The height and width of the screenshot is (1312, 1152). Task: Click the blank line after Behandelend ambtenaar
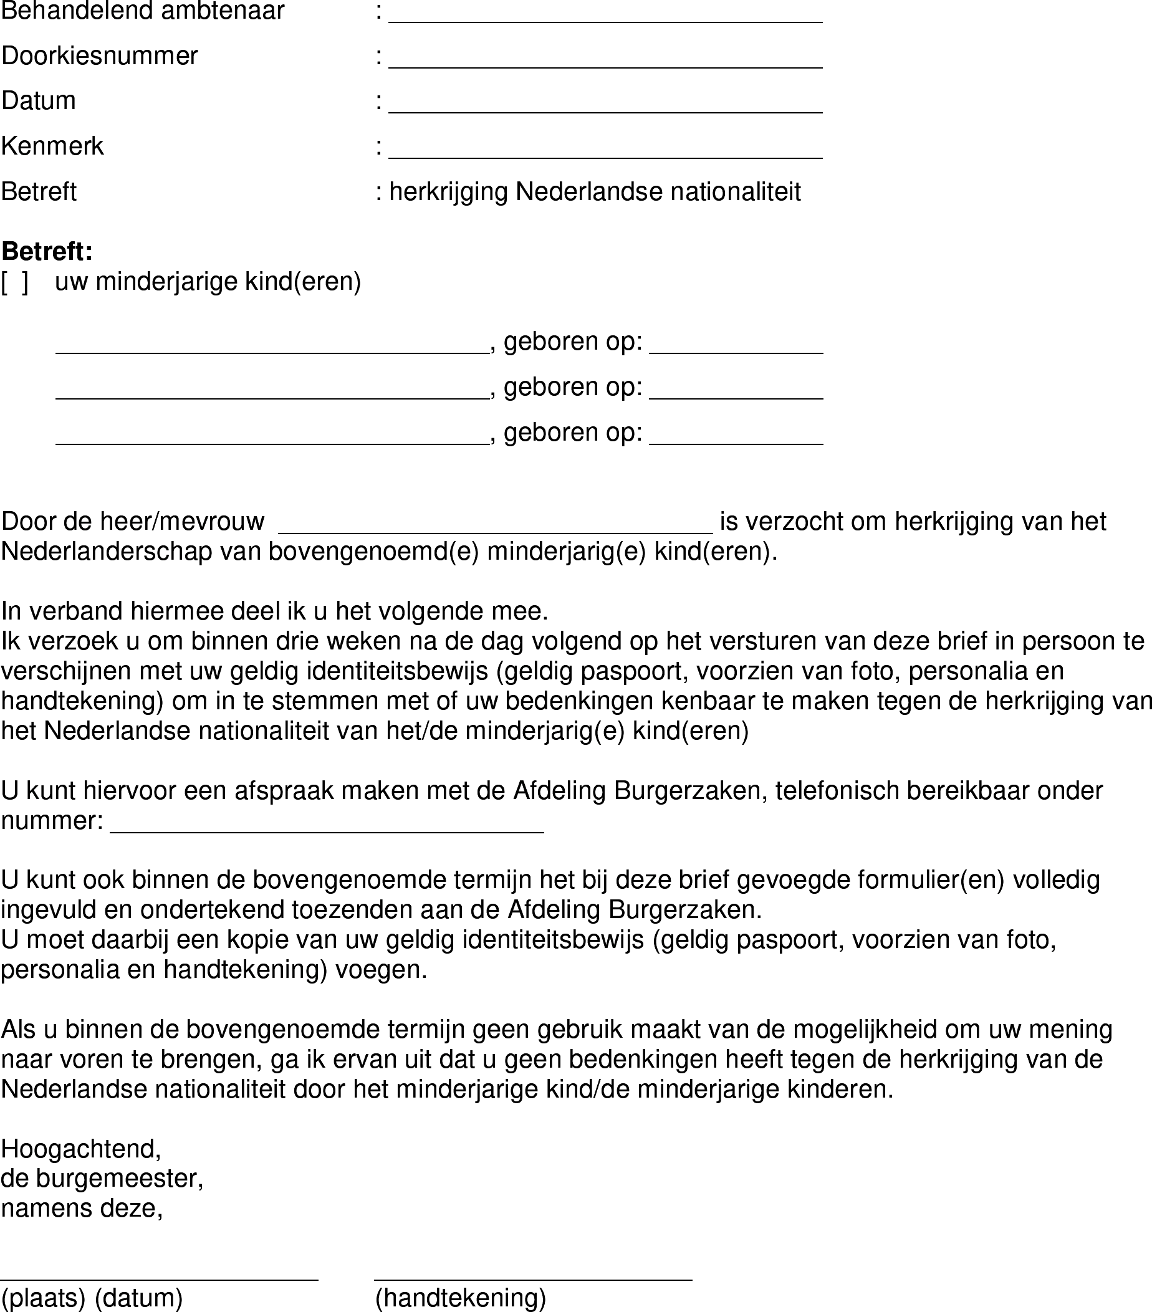(x=605, y=16)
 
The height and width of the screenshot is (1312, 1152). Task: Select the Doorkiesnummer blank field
(x=605, y=60)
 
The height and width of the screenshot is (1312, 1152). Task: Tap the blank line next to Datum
(x=605, y=105)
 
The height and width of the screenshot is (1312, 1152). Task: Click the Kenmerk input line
(x=605, y=150)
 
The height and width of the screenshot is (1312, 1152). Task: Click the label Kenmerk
(x=52, y=146)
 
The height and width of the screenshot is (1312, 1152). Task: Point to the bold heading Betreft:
(x=47, y=251)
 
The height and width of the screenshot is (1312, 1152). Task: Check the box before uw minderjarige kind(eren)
(x=15, y=282)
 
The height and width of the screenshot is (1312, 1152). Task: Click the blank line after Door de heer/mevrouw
(x=495, y=525)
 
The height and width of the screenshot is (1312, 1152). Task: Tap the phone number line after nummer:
(x=327, y=825)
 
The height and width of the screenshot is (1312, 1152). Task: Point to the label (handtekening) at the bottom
(x=461, y=1298)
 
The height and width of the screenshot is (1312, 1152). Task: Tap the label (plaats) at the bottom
(x=43, y=1298)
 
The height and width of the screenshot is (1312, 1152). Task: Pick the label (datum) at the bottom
(x=139, y=1298)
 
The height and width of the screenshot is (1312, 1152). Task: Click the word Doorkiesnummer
(x=100, y=56)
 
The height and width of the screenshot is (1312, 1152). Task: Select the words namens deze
(x=82, y=1208)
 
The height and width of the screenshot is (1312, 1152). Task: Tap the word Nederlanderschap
(x=107, y=552)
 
